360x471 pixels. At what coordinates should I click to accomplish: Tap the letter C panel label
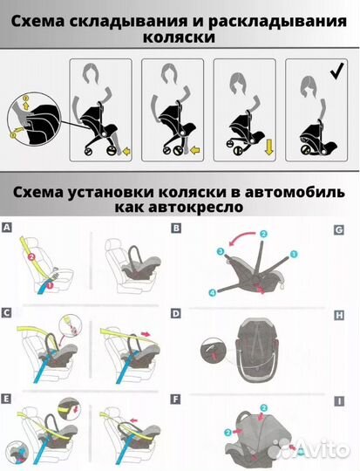point(7,311)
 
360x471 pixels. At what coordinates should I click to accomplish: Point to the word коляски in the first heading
point(180,40)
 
